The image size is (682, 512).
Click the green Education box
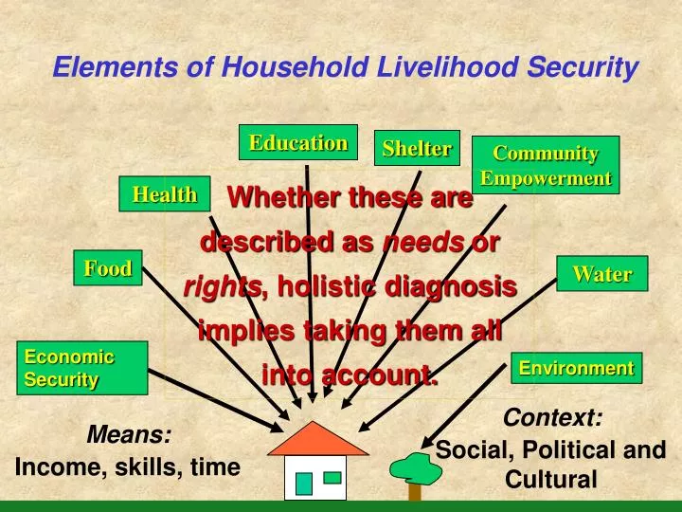[x=297, y=142]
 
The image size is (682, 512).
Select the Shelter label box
[x=417, y=148]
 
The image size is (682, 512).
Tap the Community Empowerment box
[x=546, y=165]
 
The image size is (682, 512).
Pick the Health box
[x=164, y=194]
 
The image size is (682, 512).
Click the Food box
[x=108, y=268]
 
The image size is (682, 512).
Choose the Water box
[x=601, y=274]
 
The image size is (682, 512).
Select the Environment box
[x=577, y=368]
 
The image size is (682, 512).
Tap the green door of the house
[x=303, y=483]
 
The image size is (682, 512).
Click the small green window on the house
[x=332, y=478]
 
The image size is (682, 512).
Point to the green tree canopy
[x=415, y=466]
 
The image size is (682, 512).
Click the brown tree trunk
[x=415, y=490]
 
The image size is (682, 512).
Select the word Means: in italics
[x=129, y=435]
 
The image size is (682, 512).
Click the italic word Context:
[x=552, y=417]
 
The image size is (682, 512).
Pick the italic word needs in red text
[x=423, y=242]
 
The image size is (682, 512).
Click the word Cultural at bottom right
[x=550, y=480]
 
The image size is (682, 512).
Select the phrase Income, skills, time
[x=127, y=466]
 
